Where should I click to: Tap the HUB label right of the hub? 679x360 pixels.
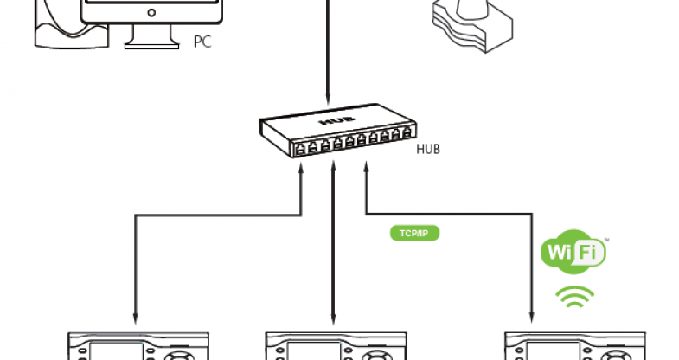[x=428, y=149]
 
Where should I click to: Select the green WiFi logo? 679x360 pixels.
[x=573, y=253]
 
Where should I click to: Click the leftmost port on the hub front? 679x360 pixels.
[x=298, y=150]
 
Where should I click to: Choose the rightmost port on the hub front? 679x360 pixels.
[x=407, y=134]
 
